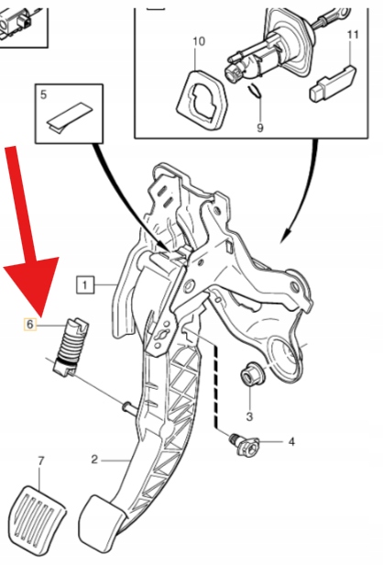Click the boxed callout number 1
click(85, 285)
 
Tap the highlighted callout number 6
click(30, 324)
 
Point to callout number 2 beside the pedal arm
click(94, 460)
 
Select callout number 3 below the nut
click(249, 416)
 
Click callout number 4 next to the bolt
click(291, 441)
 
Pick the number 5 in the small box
click(44, 94)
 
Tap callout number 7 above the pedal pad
click(40, 461)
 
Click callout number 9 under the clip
click(260, 128)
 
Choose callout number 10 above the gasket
click(199, 40)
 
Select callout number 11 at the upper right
click(353, 35)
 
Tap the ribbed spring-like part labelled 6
click(71, 347)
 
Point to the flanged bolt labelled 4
click(245, 444)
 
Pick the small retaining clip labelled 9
click(255, 91)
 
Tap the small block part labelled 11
click(333, 83)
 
